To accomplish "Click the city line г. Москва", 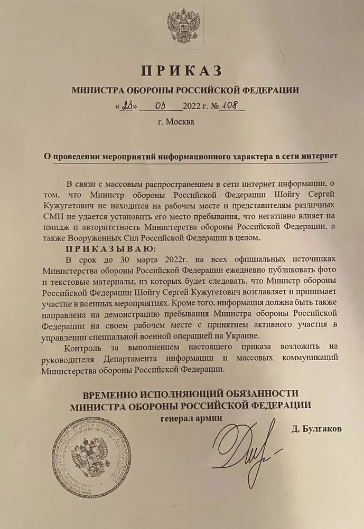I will point(175,122).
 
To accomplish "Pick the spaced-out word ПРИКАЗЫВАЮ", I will point(111,248).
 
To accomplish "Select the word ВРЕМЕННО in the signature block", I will point(110,393).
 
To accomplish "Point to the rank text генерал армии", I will point(191,418).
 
